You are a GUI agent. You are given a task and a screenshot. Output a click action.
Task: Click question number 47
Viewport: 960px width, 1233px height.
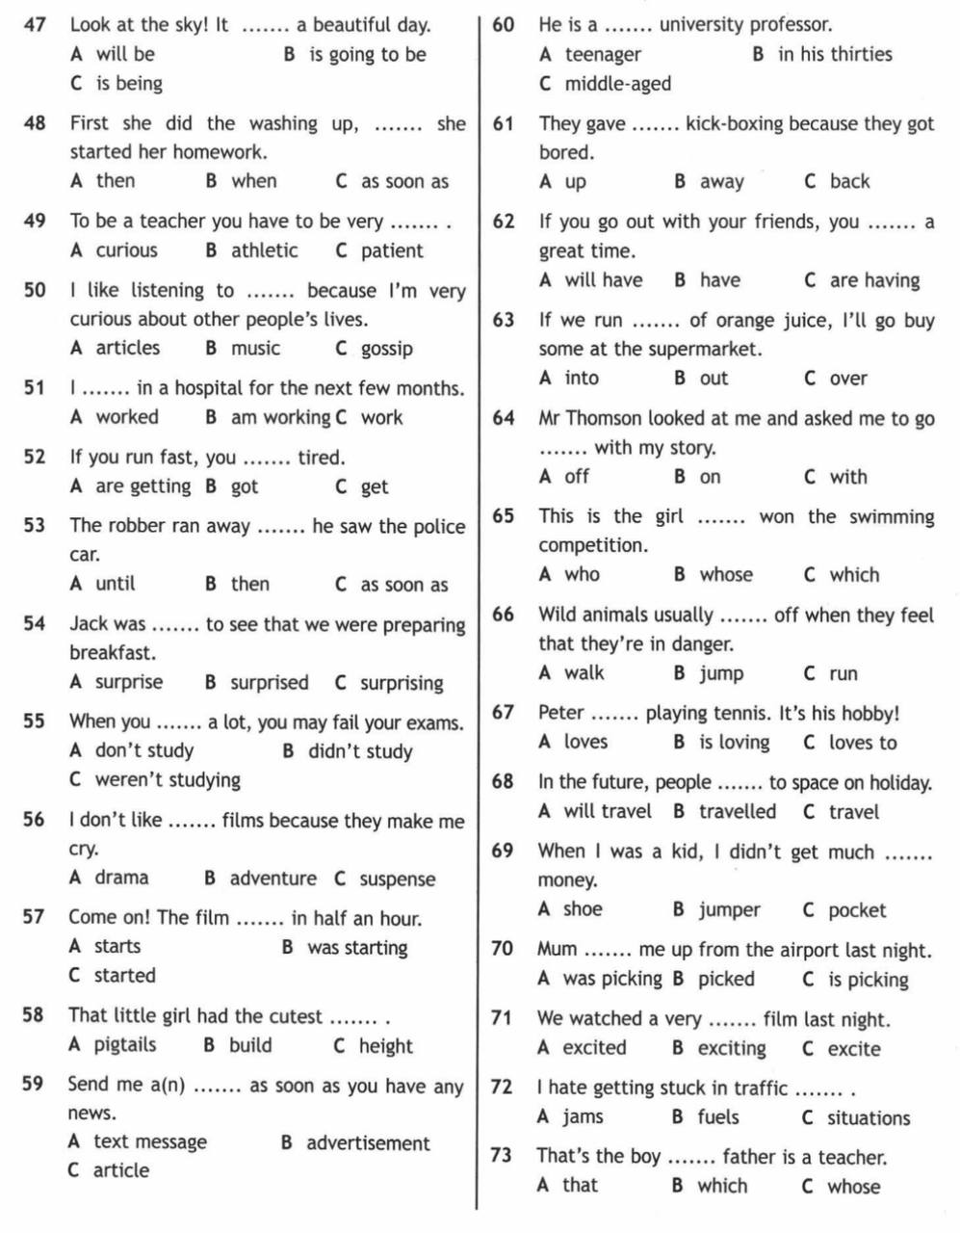(x=35, y=25)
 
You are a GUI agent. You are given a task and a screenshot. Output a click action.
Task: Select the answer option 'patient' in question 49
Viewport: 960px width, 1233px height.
(x=392, y=250)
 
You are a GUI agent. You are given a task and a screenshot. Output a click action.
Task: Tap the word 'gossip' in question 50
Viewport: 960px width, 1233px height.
(x=387, y=349)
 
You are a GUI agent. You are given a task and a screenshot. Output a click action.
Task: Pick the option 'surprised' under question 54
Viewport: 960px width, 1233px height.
(x=269, y=683)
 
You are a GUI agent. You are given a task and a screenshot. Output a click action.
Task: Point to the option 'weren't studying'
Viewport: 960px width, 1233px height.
(x=168, y=780)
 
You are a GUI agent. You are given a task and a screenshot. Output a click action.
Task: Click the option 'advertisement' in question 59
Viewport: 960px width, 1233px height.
(x=368, y=1143)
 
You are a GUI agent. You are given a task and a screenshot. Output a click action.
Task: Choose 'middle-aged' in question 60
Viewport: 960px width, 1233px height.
(x=617, y=84)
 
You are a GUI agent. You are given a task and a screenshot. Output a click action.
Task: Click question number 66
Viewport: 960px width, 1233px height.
(x=503, y=615)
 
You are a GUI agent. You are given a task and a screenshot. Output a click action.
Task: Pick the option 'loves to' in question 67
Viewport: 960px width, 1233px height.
(x=863, y=743)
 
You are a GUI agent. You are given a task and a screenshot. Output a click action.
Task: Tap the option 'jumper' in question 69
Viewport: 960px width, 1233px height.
(x=729, y=910)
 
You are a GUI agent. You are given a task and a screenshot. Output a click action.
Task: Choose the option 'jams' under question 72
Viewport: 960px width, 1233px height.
(x=583, y=1117)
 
